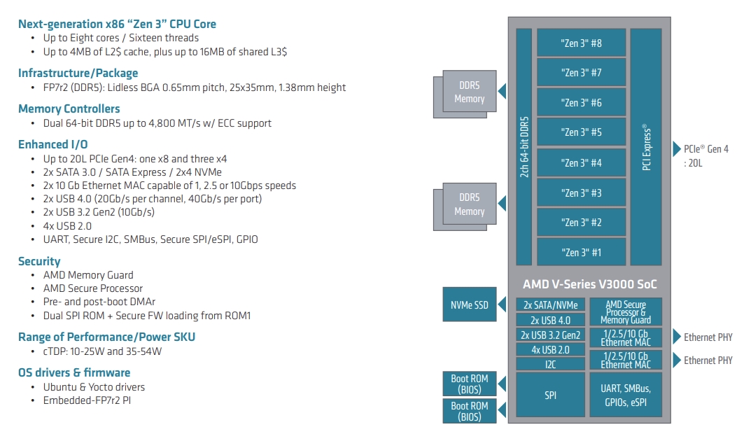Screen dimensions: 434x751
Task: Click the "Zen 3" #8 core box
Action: (581, 43)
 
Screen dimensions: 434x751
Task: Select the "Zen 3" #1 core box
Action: (581, 252)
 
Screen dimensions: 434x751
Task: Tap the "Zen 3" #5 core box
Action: (581, 132)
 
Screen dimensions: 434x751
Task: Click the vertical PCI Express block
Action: (645, 147)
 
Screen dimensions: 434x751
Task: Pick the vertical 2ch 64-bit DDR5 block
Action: (524, 147)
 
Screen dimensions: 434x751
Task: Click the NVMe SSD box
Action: (469, 304)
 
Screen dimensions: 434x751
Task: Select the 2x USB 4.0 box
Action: (551, 320)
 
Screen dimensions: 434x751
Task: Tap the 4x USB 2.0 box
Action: (551, 349)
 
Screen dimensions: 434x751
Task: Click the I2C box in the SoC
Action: (551, 364)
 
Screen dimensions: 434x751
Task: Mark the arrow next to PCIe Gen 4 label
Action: (677, 148)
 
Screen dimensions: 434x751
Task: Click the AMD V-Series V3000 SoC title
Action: (590, 284)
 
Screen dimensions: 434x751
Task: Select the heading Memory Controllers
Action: (69, 108)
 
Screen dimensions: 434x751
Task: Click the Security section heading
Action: (39, 261)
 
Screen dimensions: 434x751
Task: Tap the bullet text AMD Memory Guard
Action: (88, 275)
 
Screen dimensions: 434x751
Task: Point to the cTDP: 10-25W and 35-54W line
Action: (102, 351)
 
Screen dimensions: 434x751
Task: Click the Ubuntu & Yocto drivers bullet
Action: (94, 386)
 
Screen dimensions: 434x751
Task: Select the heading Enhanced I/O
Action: (53, 144)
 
